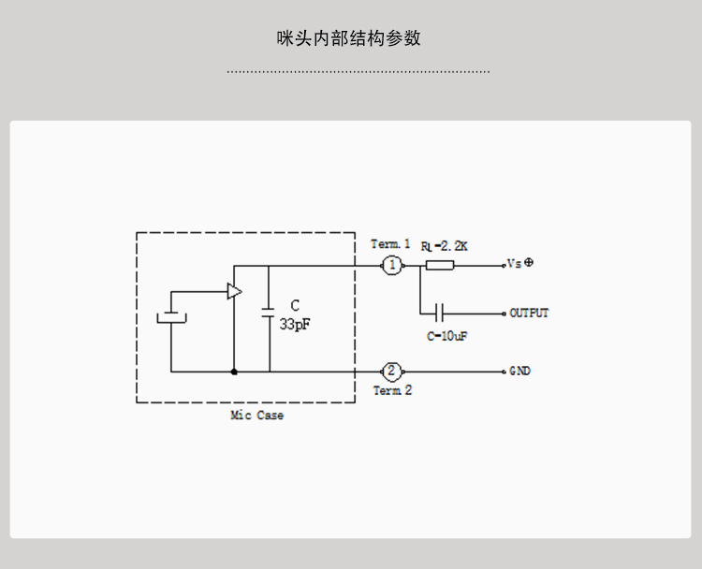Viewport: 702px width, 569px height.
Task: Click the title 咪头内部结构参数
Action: pos(349,38)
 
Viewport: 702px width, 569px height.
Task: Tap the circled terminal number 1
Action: pos(392,266)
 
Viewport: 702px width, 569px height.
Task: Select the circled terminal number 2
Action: pos(392,371)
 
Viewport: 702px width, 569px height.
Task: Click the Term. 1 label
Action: pos(390,244)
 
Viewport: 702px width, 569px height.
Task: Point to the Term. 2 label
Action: pos(392,391)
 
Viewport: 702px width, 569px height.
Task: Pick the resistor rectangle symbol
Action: pos(440,266)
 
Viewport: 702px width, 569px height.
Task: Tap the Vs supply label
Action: pos(514,265)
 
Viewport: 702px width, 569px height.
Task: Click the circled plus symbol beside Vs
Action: pos(529,263)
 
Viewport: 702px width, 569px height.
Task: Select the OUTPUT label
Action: pos(529,313)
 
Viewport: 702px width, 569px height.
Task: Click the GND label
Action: pos(520,371)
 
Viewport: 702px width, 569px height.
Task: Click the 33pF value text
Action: pos(294,324)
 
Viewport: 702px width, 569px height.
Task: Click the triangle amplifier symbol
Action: pos(234,292)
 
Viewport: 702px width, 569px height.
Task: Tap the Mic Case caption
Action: pos(256,416)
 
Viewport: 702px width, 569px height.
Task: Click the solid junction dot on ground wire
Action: pos(234,372)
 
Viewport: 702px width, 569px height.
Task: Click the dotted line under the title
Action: pos(358,71)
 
